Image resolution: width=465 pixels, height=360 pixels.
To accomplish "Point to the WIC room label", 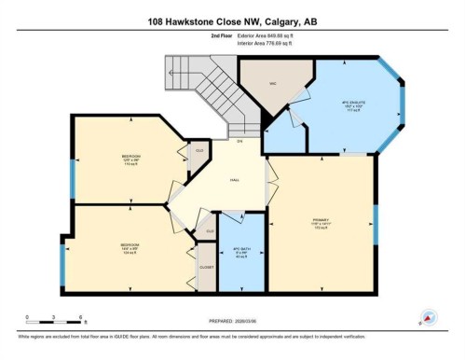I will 274,84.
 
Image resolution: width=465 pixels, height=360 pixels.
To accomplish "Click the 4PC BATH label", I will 239,250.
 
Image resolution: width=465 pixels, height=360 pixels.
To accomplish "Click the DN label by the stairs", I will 239,141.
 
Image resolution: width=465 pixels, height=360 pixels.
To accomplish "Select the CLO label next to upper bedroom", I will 198,149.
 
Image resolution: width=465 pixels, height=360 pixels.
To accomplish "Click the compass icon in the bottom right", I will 429,317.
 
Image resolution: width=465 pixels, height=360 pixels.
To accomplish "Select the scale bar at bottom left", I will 41,317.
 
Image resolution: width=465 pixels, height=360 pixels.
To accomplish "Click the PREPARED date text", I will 232,326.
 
